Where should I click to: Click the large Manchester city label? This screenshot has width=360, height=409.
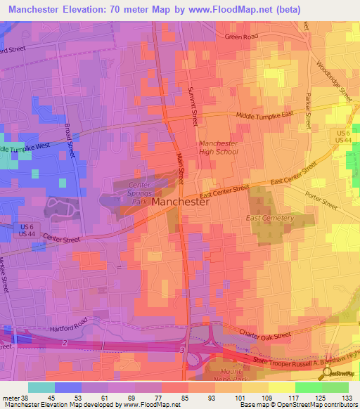click(180, 202)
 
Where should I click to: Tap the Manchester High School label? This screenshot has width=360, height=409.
click(218, 147)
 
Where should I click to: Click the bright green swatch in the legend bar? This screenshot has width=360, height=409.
click(308, 387)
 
